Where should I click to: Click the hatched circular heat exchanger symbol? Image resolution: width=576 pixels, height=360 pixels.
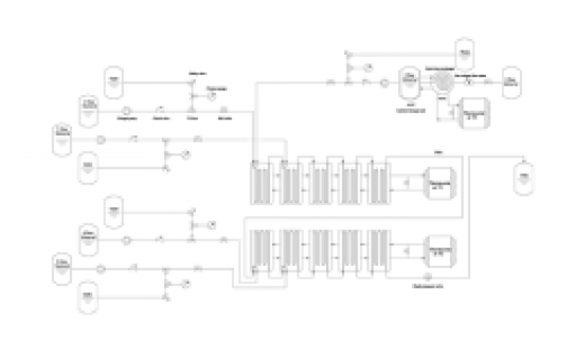point(442,81)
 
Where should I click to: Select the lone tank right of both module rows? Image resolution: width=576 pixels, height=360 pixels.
point(524,179)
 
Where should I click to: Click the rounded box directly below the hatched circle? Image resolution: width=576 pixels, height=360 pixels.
point(474,114)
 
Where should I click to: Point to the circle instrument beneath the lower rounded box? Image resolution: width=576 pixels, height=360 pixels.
point(427,276)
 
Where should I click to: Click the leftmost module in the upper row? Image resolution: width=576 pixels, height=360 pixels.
point(258,183)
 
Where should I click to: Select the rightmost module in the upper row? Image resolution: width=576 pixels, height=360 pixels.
point(379,183)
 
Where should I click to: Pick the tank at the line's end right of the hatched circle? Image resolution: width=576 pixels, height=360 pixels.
point(510,83)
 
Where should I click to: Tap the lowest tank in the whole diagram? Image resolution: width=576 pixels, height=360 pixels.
point(88,298)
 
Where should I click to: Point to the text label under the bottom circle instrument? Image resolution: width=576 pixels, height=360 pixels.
point(427,285)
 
